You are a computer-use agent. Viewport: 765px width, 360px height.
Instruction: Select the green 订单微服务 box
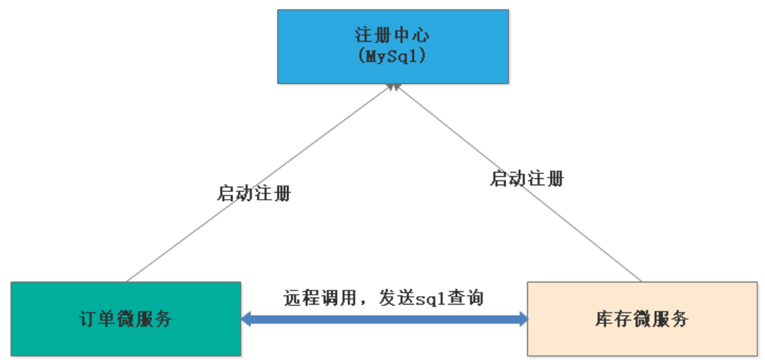(126, 318)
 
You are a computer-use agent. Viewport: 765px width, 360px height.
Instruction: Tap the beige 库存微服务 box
(642, 318)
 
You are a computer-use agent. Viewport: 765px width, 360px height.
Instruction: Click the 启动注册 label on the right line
(527, 179)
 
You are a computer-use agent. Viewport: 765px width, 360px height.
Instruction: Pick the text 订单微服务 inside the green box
(126, 319)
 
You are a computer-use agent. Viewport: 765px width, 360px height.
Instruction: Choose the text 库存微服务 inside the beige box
(642, 319)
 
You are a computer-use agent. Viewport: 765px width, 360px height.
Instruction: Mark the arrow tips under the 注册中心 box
(393, 87)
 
